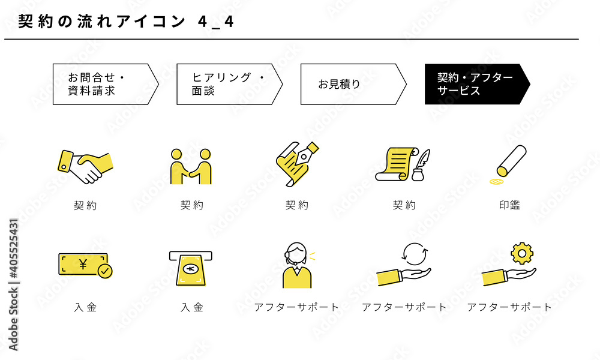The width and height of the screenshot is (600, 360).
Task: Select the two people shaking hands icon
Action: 191,166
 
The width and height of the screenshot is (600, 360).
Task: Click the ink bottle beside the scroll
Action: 418,175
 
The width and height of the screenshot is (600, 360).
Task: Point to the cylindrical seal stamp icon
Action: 512,161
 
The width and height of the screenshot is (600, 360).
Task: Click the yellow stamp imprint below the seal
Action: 496,182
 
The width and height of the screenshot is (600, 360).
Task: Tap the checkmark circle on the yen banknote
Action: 105,271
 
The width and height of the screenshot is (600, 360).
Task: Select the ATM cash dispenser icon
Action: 191,269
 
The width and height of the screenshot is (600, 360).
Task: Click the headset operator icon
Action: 297,265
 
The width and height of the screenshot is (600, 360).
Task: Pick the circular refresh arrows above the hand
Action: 415,253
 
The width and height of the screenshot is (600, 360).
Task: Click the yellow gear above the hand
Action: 522,253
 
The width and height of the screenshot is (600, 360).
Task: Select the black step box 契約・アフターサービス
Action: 477,84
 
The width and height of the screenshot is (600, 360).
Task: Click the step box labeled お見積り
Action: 353,84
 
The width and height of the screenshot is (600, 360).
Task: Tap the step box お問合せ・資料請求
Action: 106,84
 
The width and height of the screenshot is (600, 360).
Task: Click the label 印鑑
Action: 509,205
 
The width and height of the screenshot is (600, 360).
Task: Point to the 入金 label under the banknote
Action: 85,307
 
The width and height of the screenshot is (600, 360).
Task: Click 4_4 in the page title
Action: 215,22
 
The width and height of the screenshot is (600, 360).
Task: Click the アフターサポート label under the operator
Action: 296,307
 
